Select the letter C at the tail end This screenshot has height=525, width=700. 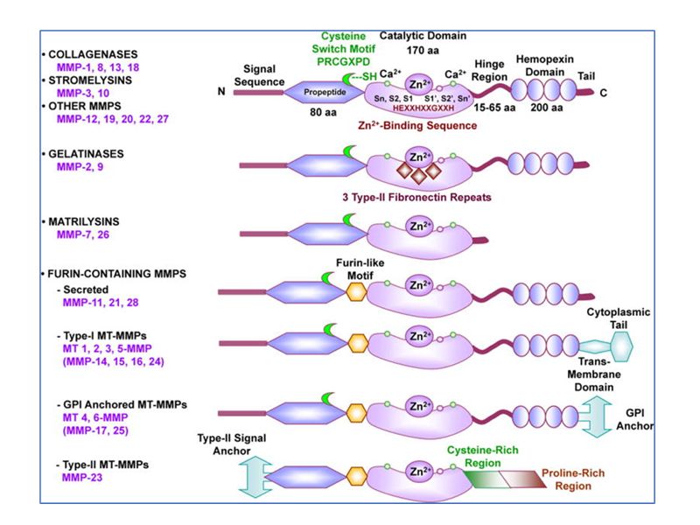[602, 92]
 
